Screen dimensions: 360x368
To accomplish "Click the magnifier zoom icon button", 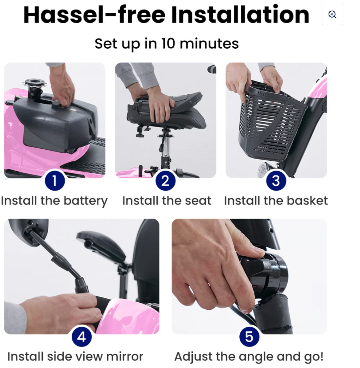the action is tap(332, 14).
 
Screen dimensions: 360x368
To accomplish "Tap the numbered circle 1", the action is tap(55, 181).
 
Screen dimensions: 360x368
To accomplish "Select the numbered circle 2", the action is tap(165, 181).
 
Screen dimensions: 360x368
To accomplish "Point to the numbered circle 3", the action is tap(276, 181).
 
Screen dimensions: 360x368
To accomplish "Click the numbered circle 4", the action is tap(82, 337).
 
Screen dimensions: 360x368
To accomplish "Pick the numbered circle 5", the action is tap(249, 337).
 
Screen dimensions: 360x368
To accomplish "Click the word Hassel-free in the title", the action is tap(94, 15).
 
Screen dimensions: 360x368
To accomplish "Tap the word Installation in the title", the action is tap(240, 15).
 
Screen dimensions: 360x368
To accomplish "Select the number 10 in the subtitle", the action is tap(168, 44).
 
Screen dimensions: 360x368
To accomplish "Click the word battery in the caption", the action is tap(85, 201).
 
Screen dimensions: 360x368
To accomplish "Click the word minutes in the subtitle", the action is tap(209, 44).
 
